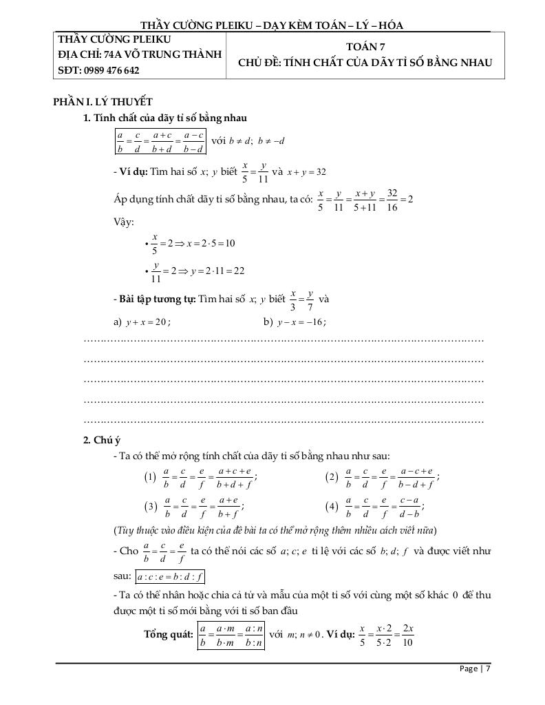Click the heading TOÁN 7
coord(365,46)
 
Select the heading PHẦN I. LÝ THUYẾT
coord(103,102)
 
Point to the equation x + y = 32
coord(306,171)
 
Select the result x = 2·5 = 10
coord(211,243)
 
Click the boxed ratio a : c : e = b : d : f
coord(173,576)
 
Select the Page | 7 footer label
coord(475,668)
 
